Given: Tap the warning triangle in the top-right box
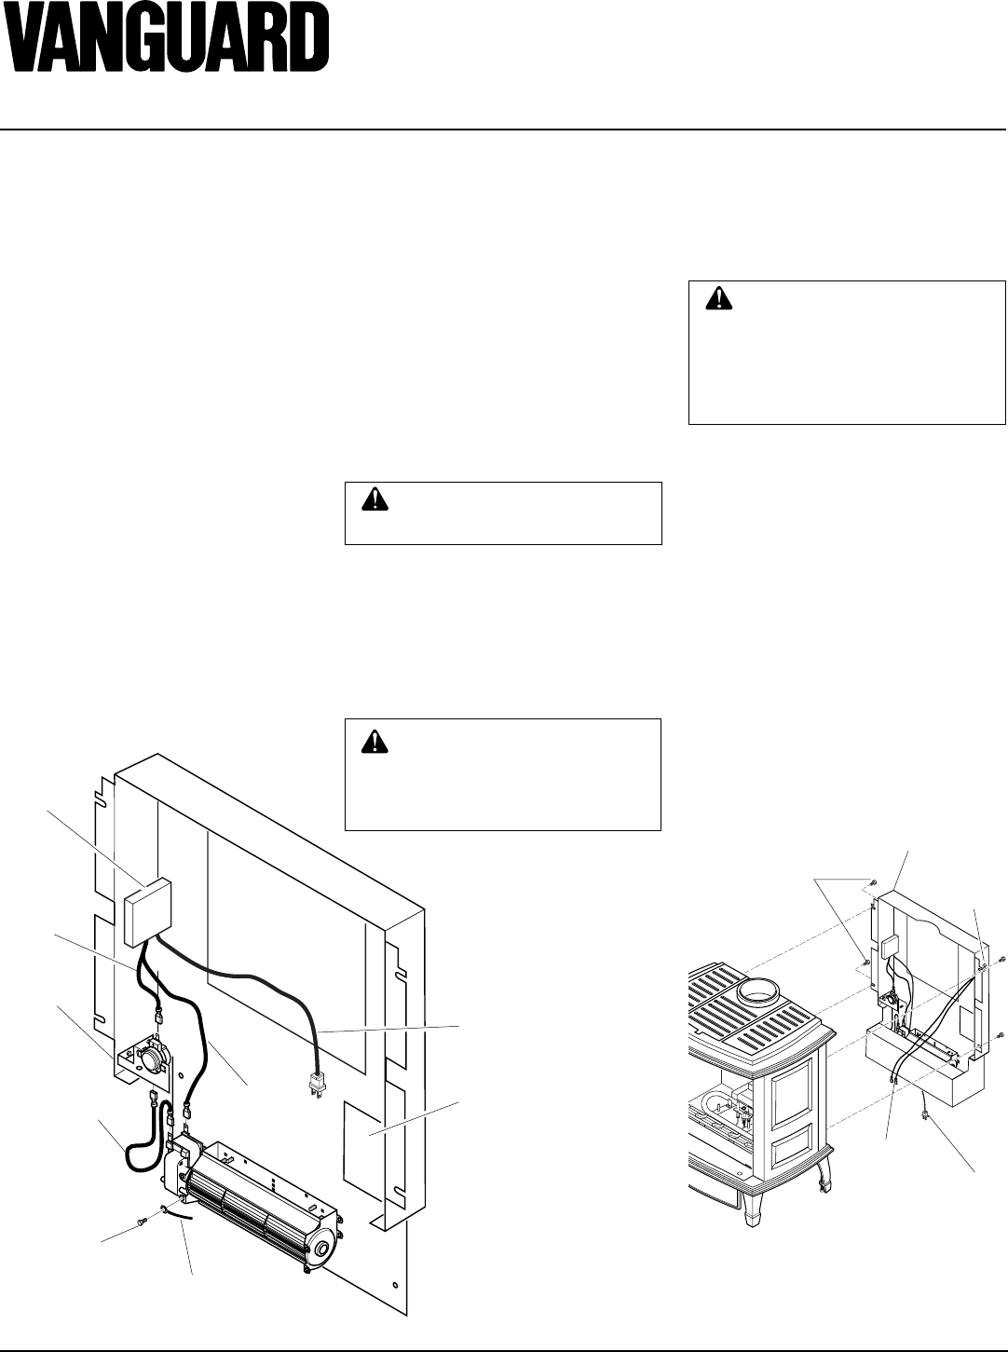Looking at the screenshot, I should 718,298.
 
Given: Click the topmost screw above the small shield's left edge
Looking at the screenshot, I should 870,881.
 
